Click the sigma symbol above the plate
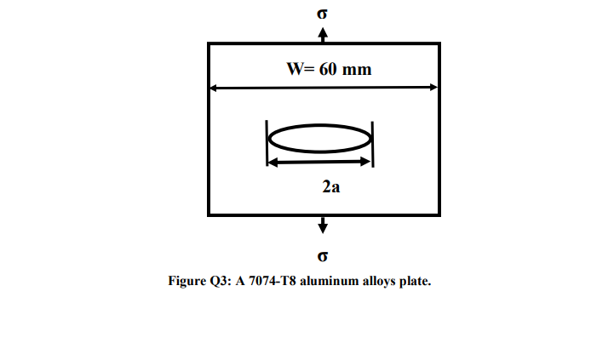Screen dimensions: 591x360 322,13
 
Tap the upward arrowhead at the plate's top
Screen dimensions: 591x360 322,32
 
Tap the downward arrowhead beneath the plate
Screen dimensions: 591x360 322,226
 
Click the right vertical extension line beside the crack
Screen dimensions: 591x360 373,143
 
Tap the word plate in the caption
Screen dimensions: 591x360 415,281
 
